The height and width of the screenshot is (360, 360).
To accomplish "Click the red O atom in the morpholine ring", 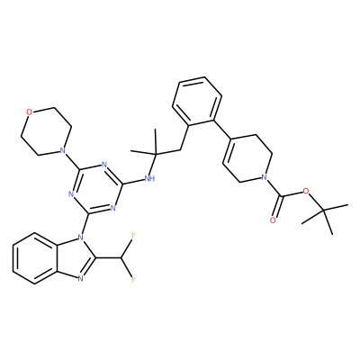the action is coord(29,112).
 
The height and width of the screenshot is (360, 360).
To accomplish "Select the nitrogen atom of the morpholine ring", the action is coord(62,149).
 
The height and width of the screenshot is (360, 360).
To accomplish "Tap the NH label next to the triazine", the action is coord(149,179).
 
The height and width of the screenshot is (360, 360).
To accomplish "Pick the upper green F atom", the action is coord(133,236).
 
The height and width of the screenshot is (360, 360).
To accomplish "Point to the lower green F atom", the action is coord(133,280).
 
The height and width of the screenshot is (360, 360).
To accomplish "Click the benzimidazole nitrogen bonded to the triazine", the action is coord(80,238).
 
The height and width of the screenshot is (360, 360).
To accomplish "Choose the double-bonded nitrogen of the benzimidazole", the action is coord(80,279).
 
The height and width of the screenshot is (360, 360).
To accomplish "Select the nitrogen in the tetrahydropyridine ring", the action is coord(264,176).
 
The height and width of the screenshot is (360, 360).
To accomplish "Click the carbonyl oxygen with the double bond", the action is coord(273,220).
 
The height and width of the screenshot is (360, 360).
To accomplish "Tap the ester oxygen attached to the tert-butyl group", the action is coord(306,191).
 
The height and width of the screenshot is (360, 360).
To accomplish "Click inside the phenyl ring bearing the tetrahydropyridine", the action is coord(197,102).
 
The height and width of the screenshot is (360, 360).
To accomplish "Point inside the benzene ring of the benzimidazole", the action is coord(34,258).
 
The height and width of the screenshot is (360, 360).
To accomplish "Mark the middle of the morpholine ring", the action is coord(46,130).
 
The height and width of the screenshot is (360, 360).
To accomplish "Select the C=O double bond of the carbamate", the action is coord(276,209).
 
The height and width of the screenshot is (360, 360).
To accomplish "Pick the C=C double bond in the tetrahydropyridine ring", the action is coord(227,150).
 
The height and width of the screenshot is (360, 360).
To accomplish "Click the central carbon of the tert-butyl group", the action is coord(324,211).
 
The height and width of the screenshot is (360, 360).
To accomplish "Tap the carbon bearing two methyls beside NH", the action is coord(156,154).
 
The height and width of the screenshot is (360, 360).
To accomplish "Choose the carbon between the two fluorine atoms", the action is coord(121,258).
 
